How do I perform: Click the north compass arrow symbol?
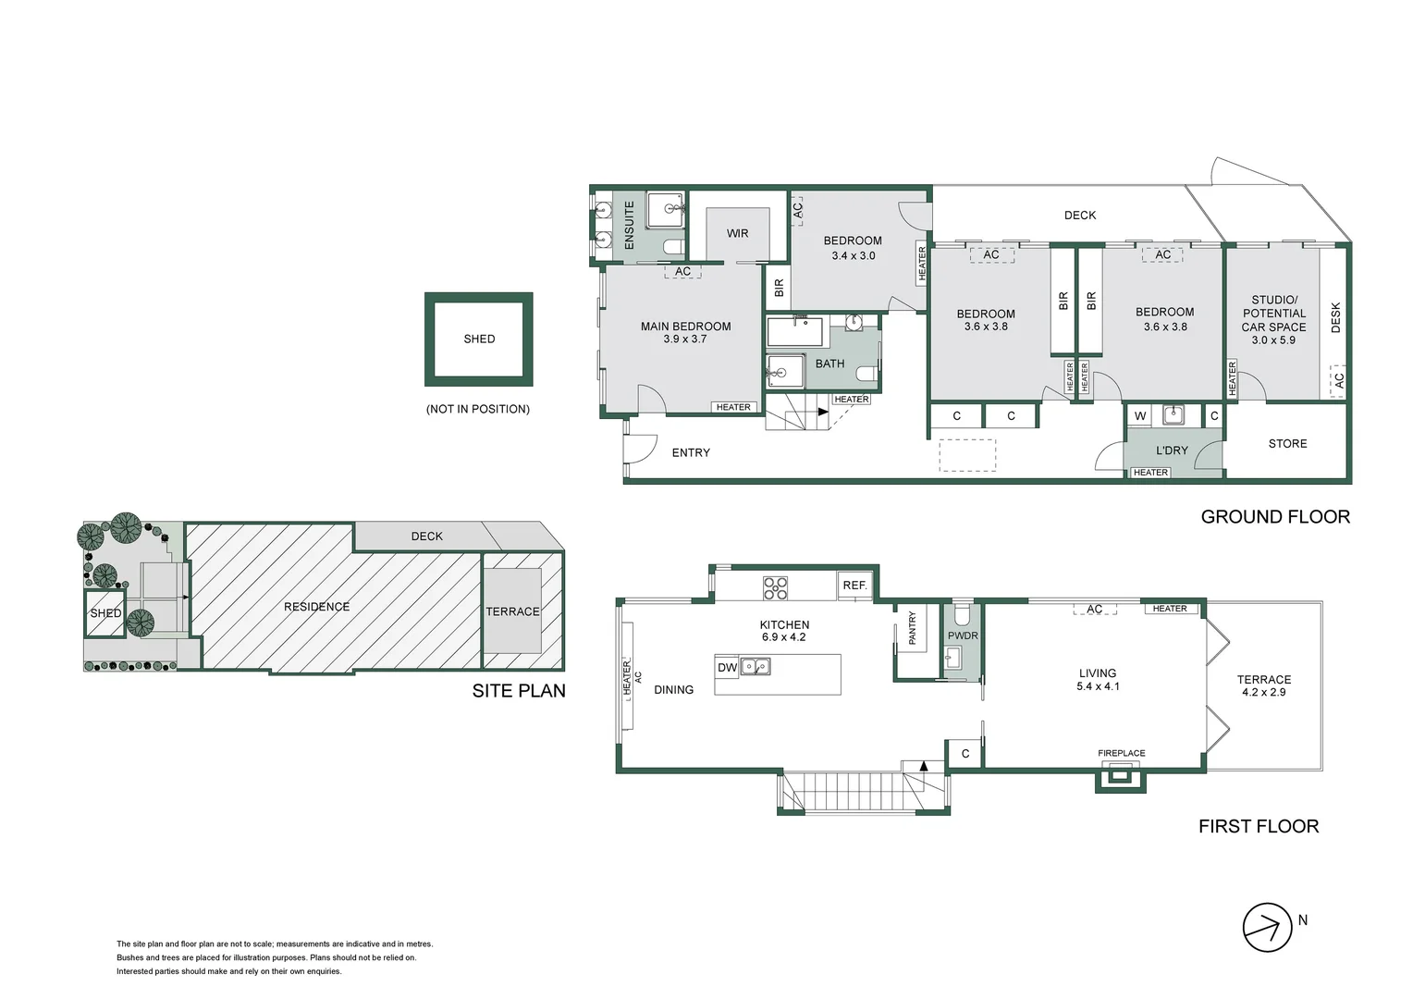[x=1266, y=927]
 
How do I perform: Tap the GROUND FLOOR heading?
[x=1274, y=517]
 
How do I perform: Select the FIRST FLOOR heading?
[x=1258, y=826]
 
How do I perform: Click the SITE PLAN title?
[x=518, y=690]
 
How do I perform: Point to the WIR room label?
[x=737, y=233]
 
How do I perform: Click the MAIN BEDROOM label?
[x=685, y=327]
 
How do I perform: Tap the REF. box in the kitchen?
[x=854, y=586]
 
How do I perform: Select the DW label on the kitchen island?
[x=727, y=667]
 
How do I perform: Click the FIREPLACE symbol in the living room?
[x=1121, y=778]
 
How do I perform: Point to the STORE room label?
[x=1287, y=444]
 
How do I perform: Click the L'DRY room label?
[x=1172, y=450]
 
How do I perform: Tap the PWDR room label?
[x=963, y=635]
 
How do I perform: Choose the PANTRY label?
[x=912, y=628]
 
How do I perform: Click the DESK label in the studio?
[x=1335, y=317]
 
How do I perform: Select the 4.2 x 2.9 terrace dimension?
[x=1263, y=692]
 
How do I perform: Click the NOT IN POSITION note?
[x=477, y=409]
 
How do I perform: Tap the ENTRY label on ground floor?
[x=691, y=452]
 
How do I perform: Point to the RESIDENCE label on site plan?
[x=316, y=607]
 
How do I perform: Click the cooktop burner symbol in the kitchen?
[x=775, y=587]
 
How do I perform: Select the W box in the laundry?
[x=1140, y=416]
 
